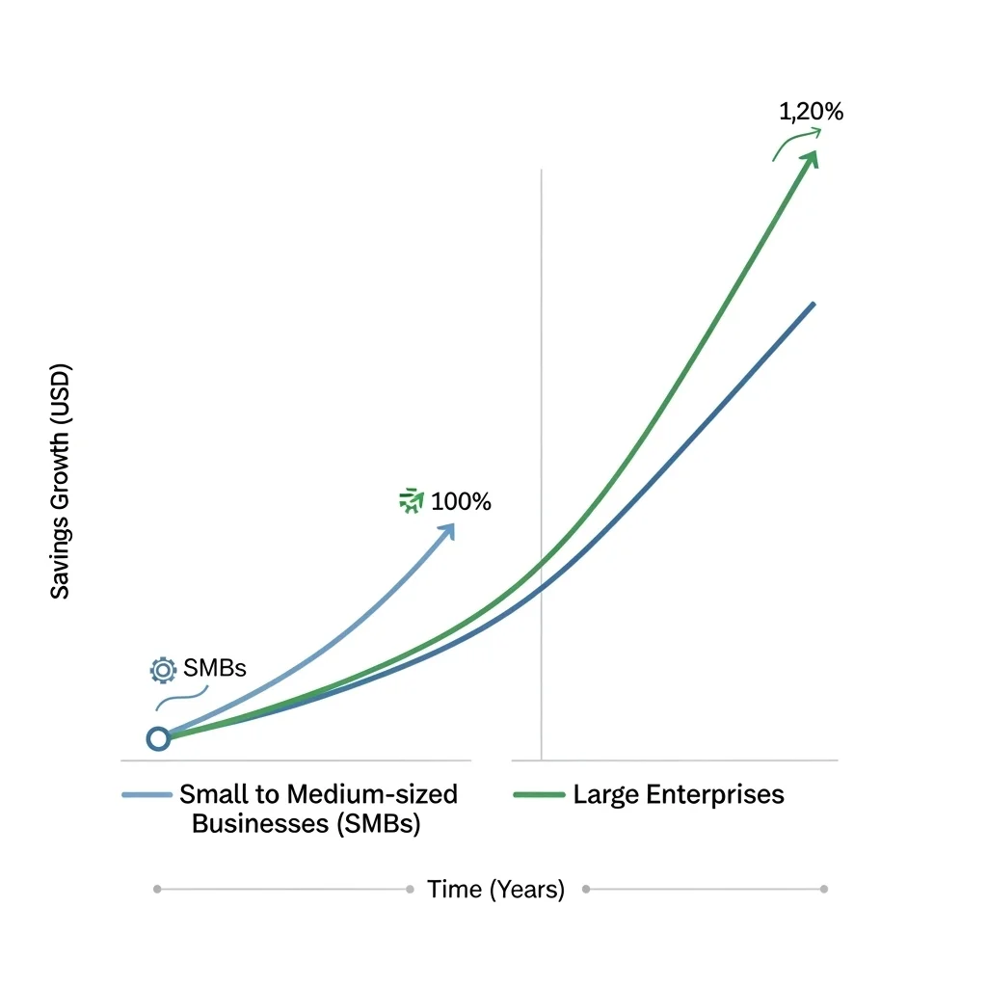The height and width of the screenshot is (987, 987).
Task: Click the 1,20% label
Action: coord(811,112)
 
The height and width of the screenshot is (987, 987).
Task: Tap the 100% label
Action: coord(461,501)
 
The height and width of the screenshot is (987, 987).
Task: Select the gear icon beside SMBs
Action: coord(163,669)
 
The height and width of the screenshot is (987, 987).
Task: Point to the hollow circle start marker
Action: coord(158,738)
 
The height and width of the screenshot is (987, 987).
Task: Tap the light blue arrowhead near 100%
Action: coord(446,532)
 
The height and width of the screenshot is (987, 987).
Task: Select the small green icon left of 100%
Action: coord(412,500)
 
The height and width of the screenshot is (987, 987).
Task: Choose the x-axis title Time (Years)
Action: coord(495,889)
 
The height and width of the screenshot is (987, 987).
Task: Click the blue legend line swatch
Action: coord(147,795)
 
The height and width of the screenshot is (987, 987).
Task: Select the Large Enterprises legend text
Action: coord(678,794)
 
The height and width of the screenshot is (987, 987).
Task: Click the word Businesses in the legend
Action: coord(253,825)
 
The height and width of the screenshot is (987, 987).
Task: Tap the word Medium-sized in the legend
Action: coord(375,794)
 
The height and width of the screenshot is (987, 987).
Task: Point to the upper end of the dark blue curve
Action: coord(814,305)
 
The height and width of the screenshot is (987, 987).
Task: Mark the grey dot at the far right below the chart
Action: coord(823,889)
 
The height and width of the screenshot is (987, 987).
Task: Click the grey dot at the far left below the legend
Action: coord(157,889)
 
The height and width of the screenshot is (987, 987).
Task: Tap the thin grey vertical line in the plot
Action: coord(542,386)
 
